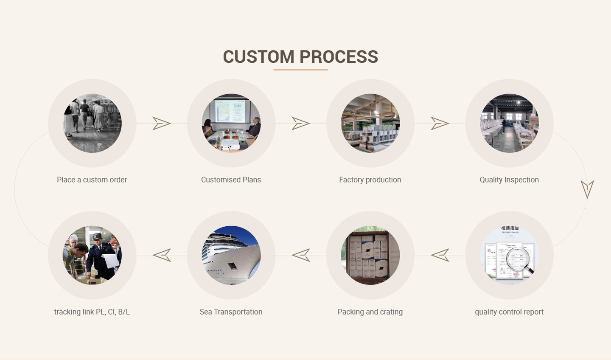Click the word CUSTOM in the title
coord(258,57)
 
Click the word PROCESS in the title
coord(339,57)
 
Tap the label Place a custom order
coord(92,180)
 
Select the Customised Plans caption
coord(231,180)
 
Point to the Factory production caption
coord(370,180)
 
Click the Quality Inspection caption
coord(509,180)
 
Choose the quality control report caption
coord(509,312)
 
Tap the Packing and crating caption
coord(370,312)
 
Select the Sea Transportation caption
coord(231,312)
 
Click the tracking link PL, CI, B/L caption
coord(92,312)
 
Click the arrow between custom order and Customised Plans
coord(161,124)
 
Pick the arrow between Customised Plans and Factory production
coord(300,124)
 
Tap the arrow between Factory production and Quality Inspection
coord(440,124)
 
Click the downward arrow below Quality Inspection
coord(587,189)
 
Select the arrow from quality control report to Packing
coord(440,255)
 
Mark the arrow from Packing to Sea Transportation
coord(301,255)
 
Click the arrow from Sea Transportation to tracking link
coord(162,255)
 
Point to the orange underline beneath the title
coord(300,70)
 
